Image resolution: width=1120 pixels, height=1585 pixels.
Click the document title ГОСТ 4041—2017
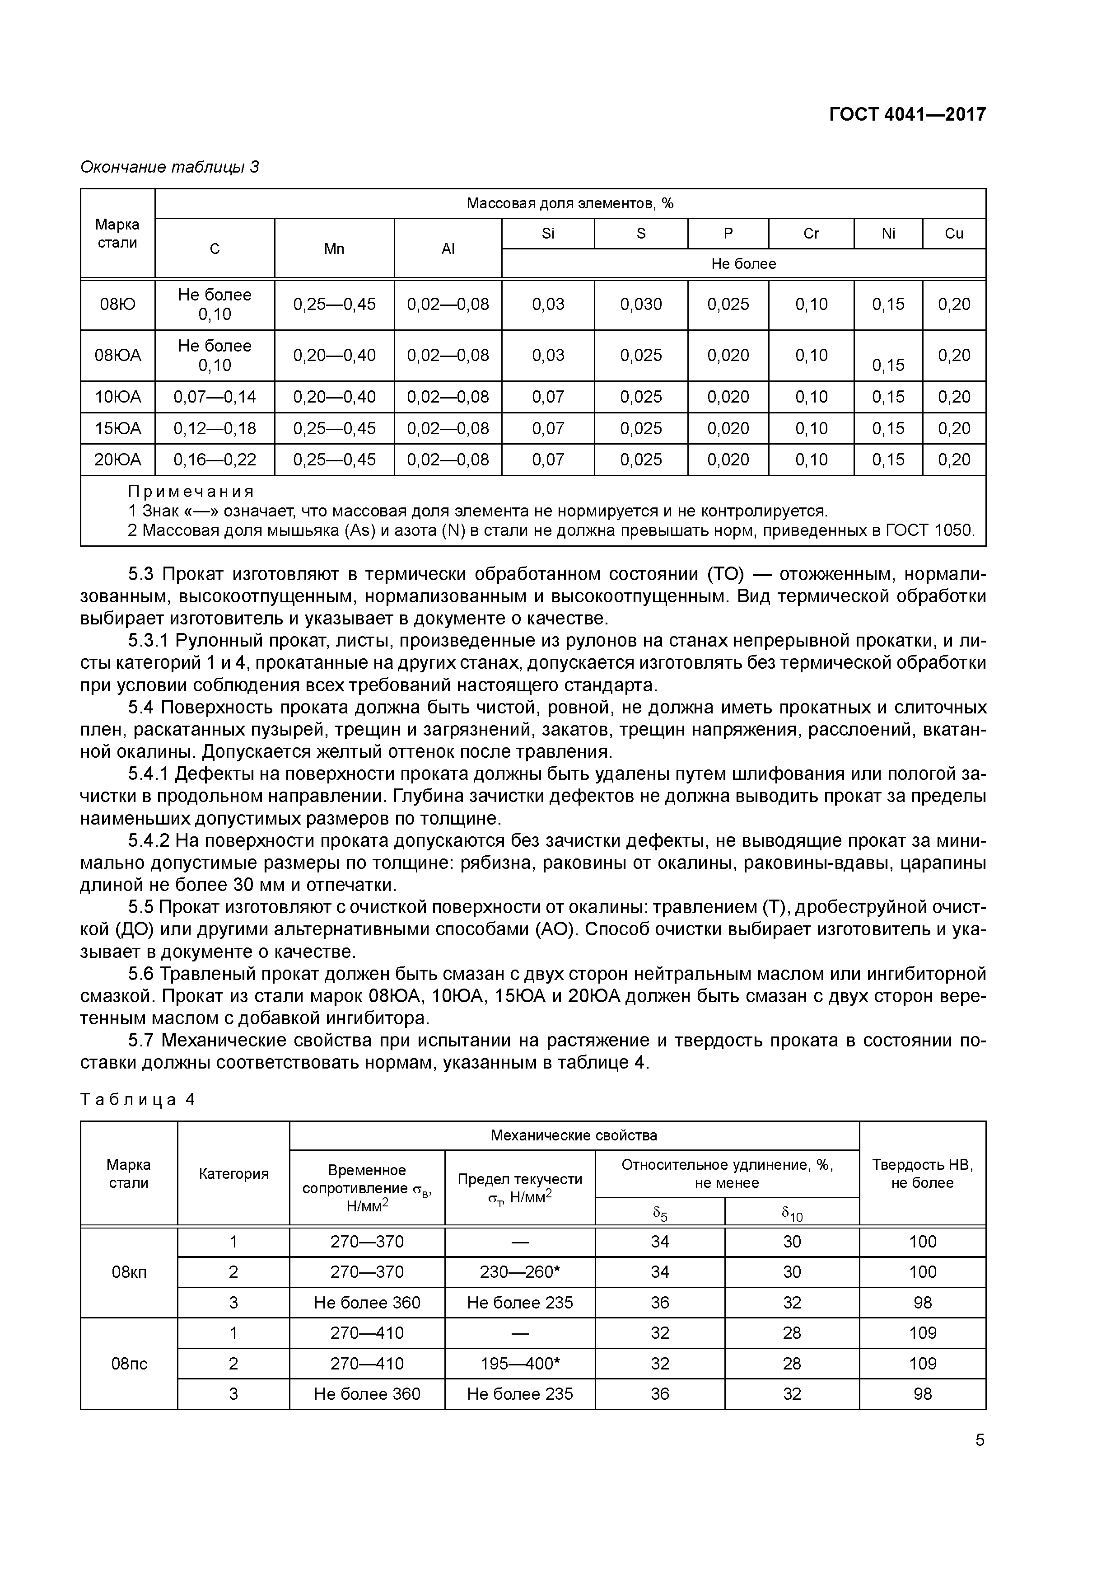(x=907, y=114)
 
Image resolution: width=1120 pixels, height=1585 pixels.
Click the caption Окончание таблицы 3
(x=170, y=167)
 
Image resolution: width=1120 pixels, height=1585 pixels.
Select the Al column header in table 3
(x=448, y=249)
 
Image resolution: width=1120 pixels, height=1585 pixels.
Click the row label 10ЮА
(x=117, y=397)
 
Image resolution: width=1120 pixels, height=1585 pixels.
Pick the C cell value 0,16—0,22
(x=215, y=460)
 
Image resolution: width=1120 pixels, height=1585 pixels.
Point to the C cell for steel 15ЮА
(x=215, y=429)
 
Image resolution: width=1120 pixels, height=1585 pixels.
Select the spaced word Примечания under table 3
(x=191, y=492)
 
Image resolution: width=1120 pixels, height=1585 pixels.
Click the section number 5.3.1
(x=149, y=641)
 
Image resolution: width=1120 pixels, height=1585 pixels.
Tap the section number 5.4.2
(x=149, y=840)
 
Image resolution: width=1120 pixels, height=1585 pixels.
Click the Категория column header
(x=233, y=1173)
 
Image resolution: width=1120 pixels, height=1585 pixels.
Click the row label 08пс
(x=129, y=1364)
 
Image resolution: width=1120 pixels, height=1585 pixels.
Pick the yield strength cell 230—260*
(x=520, y=1271)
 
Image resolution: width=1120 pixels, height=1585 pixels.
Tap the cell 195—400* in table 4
(x=520, y=1364)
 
